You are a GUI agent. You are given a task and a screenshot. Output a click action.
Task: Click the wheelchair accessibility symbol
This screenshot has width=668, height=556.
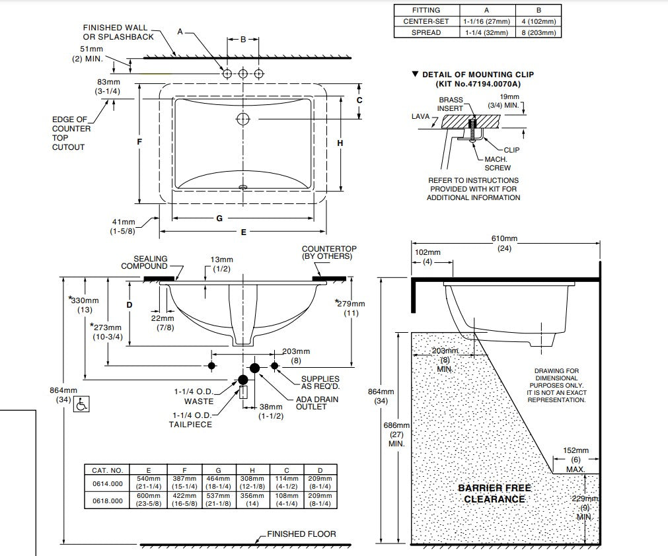(82, 404)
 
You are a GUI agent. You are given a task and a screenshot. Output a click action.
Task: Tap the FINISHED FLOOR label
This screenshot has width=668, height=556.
(301, 534)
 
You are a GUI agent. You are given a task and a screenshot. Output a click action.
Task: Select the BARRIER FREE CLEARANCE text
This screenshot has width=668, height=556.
(494, 494)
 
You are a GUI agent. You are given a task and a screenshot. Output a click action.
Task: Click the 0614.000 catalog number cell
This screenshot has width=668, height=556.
(107, 483)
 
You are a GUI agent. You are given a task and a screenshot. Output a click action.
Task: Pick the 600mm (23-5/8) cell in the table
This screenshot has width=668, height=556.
(149, 500)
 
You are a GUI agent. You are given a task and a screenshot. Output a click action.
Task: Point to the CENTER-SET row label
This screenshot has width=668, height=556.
(426, 21)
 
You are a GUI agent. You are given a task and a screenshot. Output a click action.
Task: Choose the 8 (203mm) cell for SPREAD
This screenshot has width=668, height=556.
(538, 32)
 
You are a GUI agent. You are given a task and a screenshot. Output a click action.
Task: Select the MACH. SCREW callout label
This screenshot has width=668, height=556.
(498, 163)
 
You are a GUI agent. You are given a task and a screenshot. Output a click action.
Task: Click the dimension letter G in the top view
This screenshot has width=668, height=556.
(219, 218)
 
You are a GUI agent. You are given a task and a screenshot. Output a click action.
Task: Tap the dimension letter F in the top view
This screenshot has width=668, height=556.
(140, 142)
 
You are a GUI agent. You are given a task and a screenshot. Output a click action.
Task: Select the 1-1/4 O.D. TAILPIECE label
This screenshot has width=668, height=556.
(190, 419)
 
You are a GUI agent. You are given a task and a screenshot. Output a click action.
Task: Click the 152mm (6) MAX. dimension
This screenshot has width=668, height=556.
(575, 460)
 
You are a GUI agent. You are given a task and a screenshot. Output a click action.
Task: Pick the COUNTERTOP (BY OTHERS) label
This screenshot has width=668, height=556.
(327, 252)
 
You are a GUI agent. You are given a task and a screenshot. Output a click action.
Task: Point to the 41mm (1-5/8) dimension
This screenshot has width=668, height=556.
(123, 226)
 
